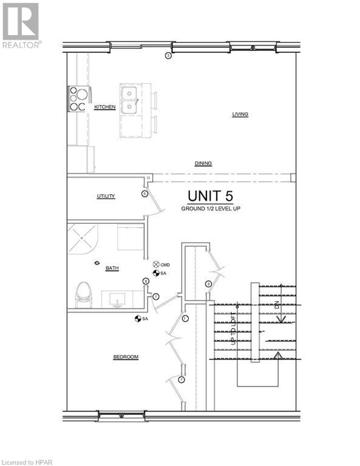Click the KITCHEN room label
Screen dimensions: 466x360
tap(104, 107)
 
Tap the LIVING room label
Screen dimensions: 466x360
tap(240, 113)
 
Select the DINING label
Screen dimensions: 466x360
tap(203, 164)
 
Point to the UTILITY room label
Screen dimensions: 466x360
tap(106, 197)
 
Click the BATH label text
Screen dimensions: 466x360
tap(112, 268)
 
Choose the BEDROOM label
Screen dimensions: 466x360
tap(126, 357)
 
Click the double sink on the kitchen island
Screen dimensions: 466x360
tap(129, 100)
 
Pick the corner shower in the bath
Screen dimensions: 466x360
tap(81, 240)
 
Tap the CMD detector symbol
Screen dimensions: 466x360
tap(155, 265)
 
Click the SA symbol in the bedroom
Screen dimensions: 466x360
tap(138, 319)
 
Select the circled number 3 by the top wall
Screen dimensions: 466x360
tap(168, 56)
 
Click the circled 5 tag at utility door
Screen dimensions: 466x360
tap(144, 194)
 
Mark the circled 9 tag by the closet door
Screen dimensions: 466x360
tap(208, 284)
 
